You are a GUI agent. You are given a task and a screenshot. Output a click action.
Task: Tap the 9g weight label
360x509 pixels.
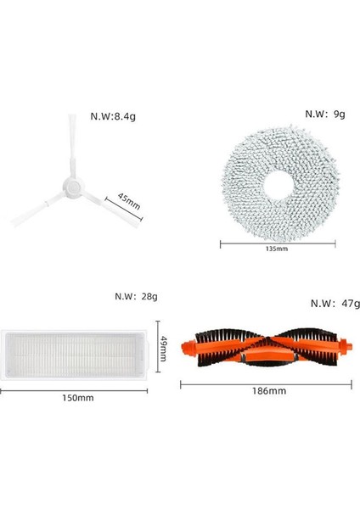click(x=326, y=112)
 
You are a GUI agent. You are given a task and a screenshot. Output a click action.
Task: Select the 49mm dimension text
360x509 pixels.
click(x=166, y=348)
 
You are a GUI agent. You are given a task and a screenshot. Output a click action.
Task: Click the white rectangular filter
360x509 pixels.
click(x=78, y=350)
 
